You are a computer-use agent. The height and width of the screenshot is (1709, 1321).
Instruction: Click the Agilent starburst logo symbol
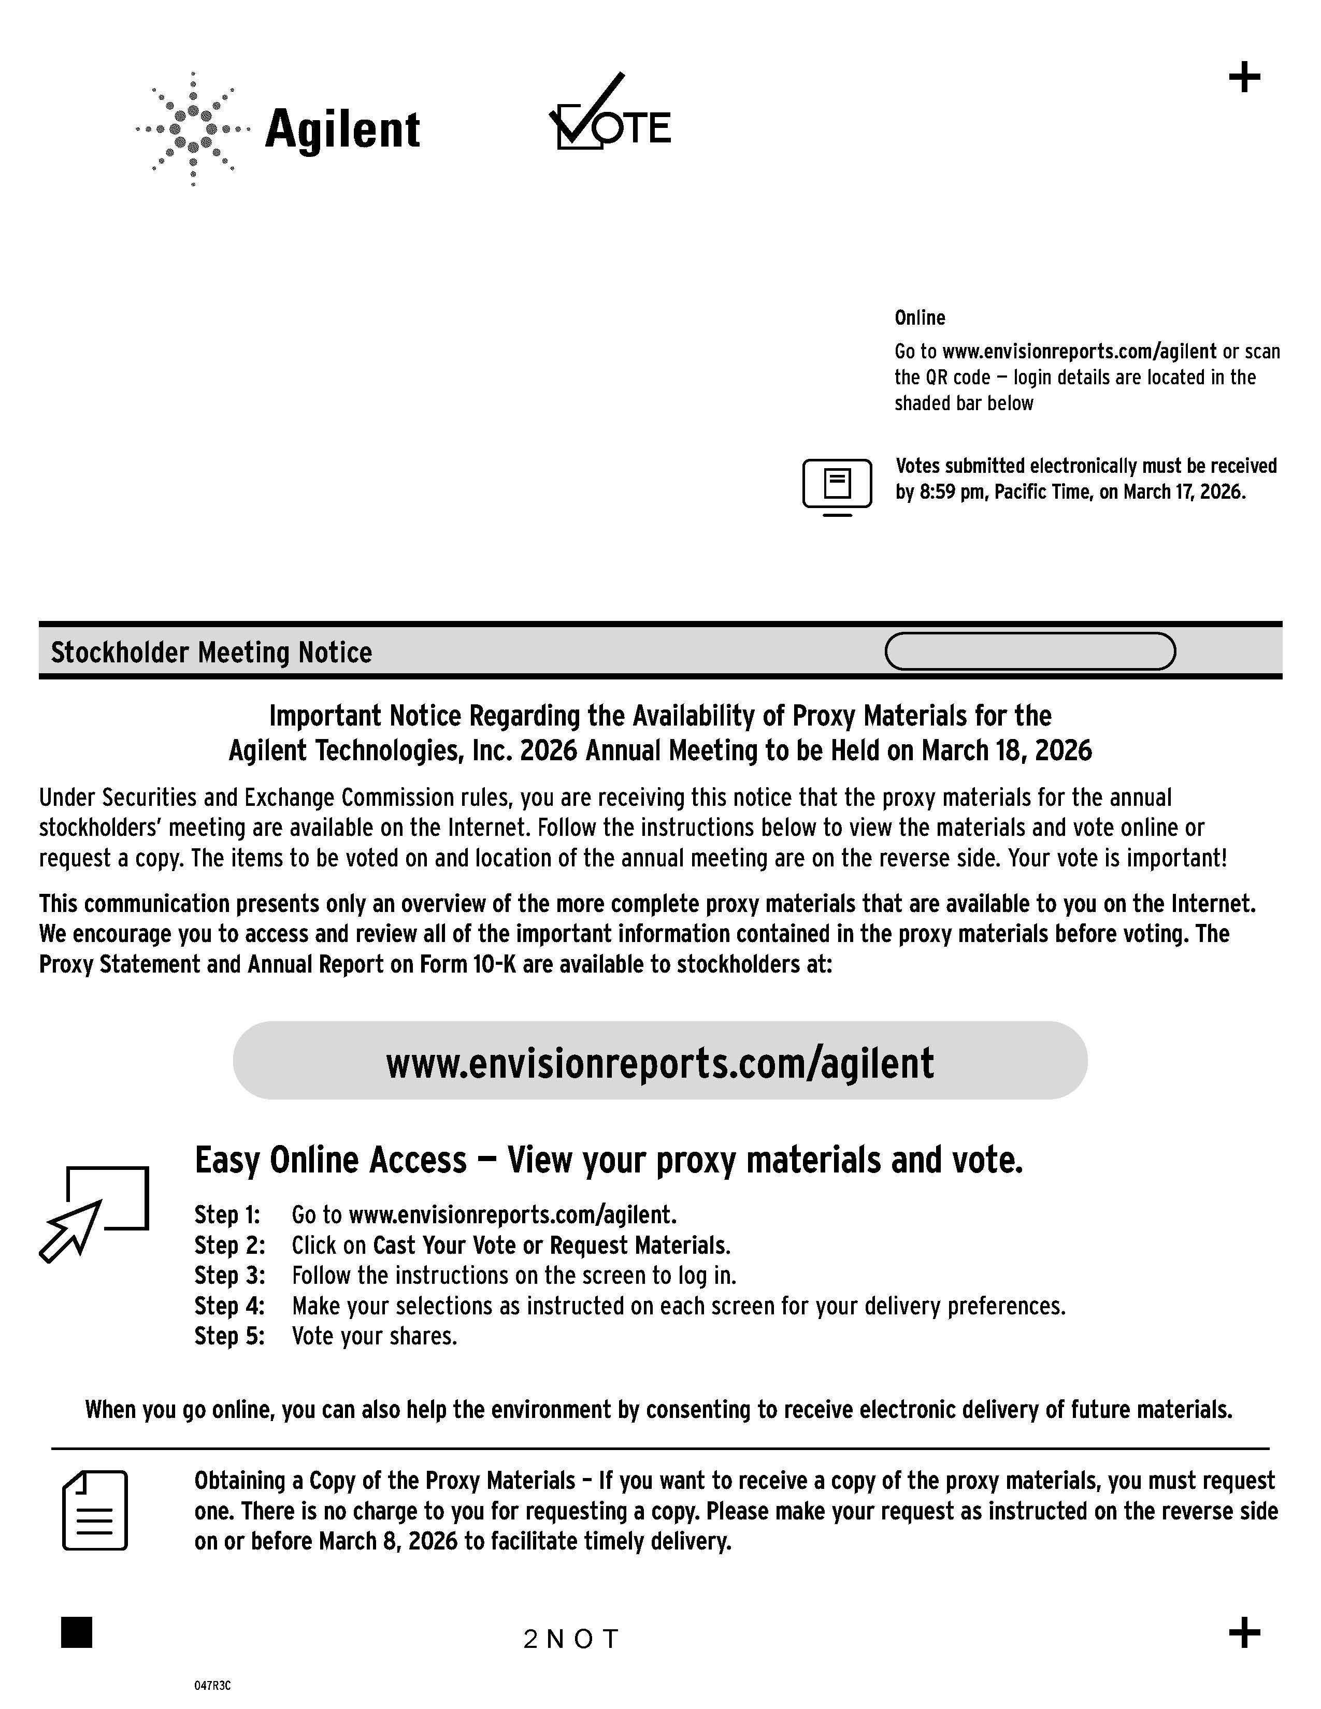coord(193,129)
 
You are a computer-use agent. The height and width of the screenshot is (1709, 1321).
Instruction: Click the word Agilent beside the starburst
coord(342,130)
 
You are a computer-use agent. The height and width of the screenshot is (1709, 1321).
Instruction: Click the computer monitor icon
coord(837,487)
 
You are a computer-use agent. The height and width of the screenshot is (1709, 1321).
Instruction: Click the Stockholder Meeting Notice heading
coord(211,652)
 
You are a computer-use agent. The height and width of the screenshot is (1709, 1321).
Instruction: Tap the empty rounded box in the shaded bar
coord(1030,651)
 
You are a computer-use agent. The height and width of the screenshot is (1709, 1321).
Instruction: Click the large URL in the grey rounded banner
coord(659,1063)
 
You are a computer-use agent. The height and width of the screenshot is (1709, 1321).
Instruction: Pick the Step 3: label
coord(229,1276)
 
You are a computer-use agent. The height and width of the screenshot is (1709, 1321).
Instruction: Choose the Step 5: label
coord(229,1336)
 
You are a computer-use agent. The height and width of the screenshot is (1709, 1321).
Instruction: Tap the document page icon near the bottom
coord(95,1510)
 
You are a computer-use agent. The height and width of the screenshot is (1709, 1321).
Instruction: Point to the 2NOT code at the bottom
coord(571,1639)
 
